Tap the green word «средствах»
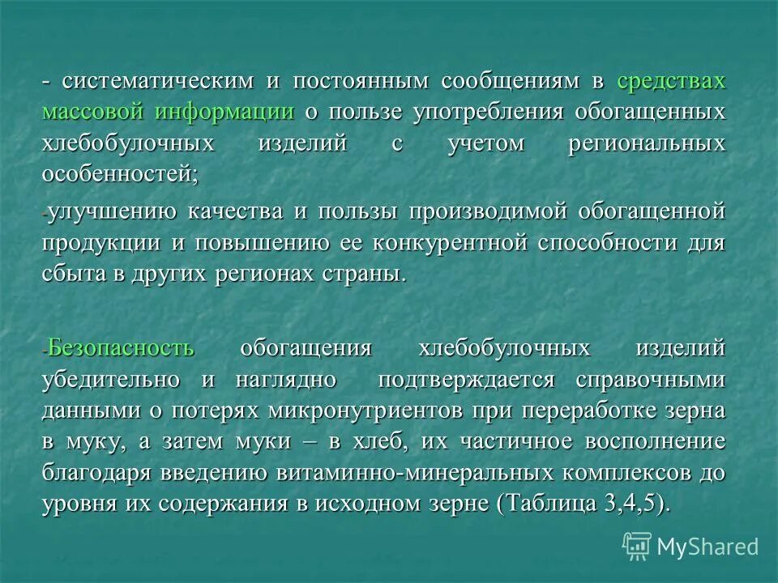(671, 81)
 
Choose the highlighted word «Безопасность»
(121, 349)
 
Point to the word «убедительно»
(113, 380)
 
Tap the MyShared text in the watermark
(707, 547)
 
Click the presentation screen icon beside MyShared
(637, 546)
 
